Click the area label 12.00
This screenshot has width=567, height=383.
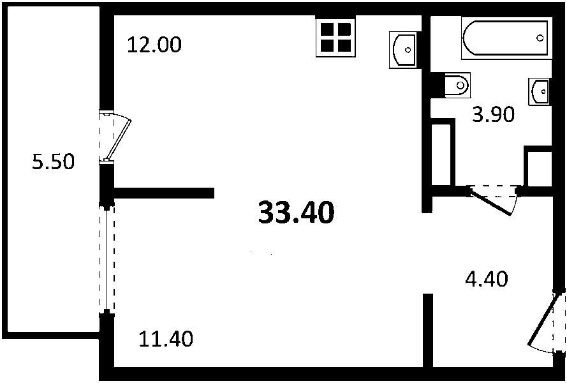(154, 45)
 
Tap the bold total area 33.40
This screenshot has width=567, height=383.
(296, 213)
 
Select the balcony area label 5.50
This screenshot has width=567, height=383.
(53, 161)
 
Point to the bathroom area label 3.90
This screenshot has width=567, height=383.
(493, 115)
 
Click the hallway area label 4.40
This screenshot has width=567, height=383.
(487, 279)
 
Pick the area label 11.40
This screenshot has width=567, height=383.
(166, 340)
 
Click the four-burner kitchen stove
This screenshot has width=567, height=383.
(336, 36)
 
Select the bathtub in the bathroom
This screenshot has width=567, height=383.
(506, 38)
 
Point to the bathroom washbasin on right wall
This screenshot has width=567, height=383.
(540, 92)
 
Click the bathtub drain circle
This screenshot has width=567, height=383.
(540, 38)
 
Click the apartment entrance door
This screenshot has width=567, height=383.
(547, 324)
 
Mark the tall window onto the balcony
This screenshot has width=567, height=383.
(107, 258)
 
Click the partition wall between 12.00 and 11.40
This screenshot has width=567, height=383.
(164, 193)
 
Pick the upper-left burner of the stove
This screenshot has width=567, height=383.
(327, 29)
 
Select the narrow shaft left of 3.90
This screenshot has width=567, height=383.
(441, 154)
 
